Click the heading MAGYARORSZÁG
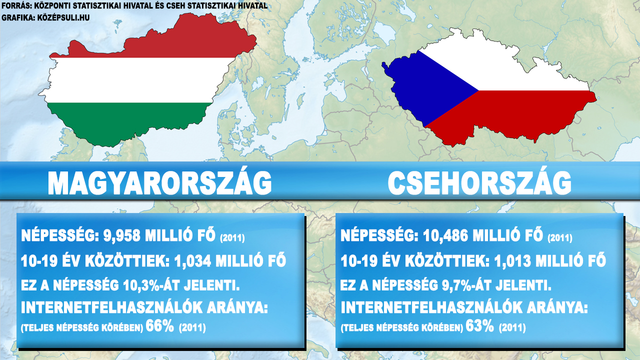[159, 183]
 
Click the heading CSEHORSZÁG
[479, 183]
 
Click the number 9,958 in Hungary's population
[121, 235]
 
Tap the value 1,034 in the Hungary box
[192, 260]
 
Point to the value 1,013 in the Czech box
[512, 260]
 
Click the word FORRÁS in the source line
[16, 5]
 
